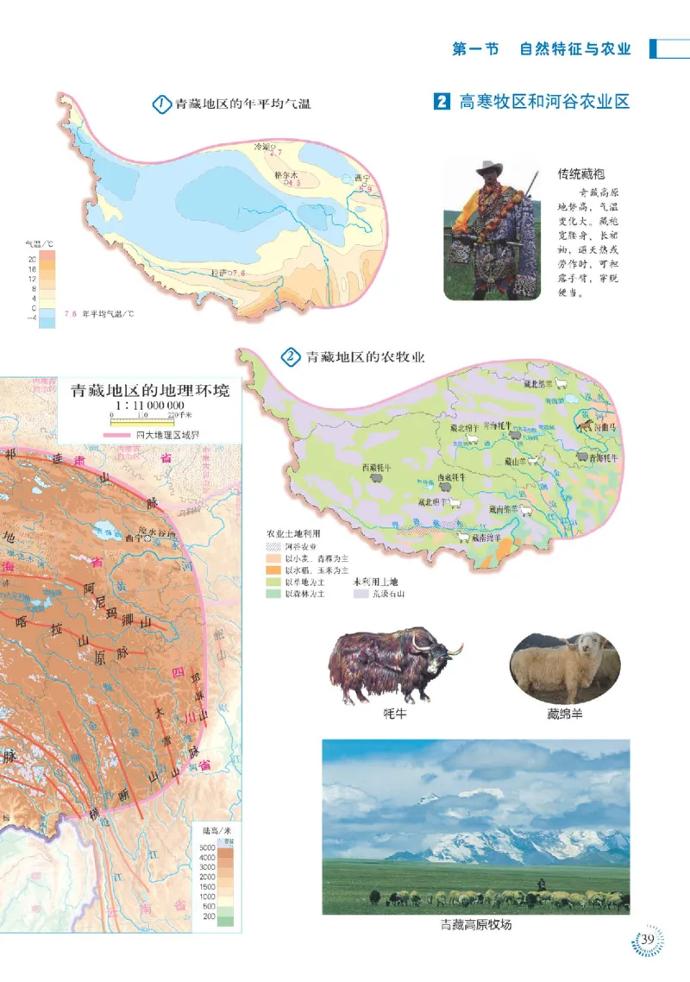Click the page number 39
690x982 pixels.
tap(649, 939)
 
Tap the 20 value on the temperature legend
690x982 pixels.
tap(31, 258)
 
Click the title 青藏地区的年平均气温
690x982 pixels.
tap(242, 104)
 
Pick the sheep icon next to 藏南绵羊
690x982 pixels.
tap(526, 510)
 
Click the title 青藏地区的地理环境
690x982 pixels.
tap(149, 388)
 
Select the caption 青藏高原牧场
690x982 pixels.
tap(475, 925)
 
